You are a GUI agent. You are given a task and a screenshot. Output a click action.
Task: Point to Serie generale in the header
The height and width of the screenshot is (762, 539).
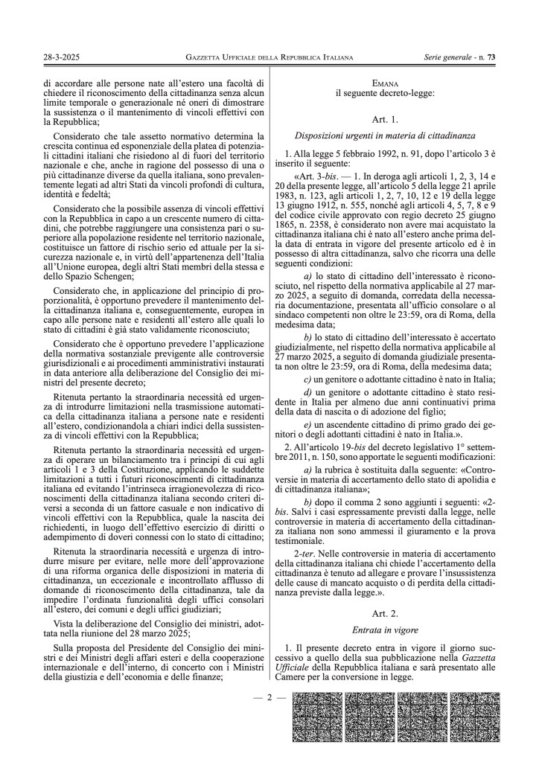click(x=450, y=57)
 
